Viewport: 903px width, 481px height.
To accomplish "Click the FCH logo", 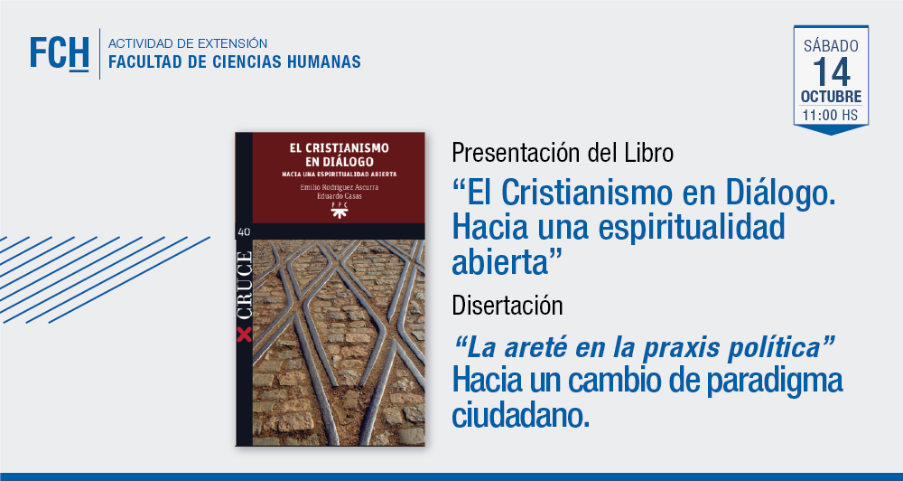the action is (60, 53).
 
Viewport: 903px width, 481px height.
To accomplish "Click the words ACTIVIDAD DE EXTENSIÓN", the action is (188, 43).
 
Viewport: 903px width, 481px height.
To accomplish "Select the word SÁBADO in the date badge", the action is (831, 45).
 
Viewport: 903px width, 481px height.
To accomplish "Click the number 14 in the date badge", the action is (831, 72).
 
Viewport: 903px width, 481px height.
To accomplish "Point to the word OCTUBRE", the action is (831, 97).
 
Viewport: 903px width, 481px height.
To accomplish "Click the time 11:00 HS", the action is (830, 115).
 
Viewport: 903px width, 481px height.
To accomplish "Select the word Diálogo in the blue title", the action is (780, 193).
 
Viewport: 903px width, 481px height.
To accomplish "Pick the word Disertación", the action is (507, 305).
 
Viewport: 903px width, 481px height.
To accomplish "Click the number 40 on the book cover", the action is (243, 231).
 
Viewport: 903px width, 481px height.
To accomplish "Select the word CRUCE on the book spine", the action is (244, 287).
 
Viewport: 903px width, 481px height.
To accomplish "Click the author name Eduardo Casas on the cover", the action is (339, 196).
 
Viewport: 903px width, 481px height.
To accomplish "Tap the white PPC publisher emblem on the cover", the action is (339, 210).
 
